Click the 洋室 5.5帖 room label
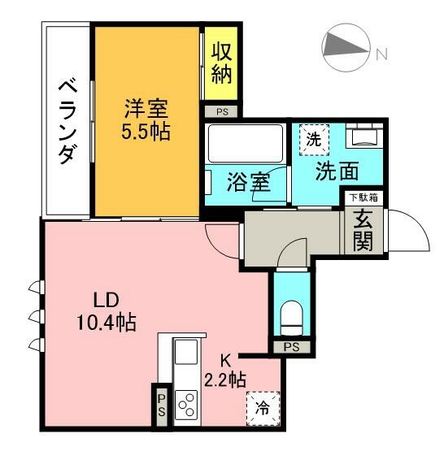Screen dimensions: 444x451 pos(146,120)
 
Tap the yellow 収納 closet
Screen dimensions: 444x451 pos(221,63)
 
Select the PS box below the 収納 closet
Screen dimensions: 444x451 pos(221,111)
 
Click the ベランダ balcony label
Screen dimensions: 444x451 pos(68,122)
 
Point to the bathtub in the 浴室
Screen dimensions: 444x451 pos(246,143)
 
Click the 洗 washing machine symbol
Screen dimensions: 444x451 pos(314,140)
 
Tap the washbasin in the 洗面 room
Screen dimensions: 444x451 pos(364,136)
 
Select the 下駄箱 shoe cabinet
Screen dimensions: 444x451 pos(363,198)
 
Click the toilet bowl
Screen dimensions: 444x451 pos(291,318)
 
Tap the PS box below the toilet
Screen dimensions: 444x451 pos(291,347)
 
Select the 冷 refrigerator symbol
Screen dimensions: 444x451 pos(263,408)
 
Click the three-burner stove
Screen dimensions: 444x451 pos(186,405)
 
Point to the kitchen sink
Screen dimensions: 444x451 pos(186,352)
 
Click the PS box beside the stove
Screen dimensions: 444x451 pos(162,406)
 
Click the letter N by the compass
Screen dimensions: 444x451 pos(382,54)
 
